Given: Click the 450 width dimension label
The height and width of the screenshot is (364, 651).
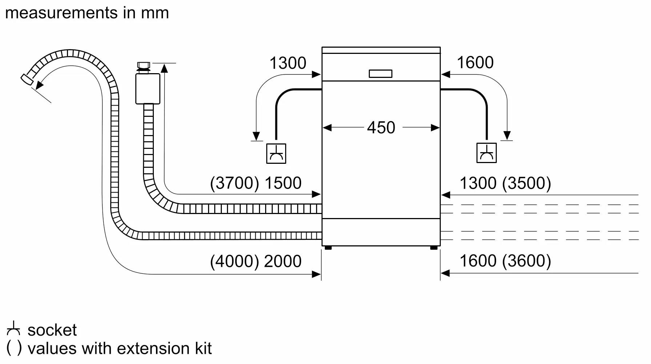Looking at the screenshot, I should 381,128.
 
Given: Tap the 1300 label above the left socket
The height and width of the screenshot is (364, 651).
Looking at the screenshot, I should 288,63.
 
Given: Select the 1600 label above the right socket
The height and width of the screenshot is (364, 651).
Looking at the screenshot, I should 475,62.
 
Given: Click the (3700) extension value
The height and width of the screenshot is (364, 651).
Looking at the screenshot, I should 235,183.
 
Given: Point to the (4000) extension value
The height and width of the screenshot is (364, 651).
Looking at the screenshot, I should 235,261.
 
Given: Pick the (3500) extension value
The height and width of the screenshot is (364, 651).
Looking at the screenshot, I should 526,183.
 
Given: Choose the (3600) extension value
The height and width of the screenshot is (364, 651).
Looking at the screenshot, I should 526,261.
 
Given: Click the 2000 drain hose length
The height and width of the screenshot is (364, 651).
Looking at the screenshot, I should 283,261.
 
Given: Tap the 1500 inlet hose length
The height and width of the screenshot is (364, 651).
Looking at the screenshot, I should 283,183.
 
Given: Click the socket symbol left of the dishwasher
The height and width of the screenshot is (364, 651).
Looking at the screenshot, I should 276,153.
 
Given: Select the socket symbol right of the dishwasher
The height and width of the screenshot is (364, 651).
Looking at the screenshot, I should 486,153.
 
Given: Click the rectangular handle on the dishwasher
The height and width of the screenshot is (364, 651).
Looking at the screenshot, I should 380,74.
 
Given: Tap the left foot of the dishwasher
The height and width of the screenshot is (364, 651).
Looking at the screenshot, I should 328,248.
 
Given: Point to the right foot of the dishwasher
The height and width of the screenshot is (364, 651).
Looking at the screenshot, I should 434,248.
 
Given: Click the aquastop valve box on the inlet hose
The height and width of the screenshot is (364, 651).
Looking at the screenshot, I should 147,88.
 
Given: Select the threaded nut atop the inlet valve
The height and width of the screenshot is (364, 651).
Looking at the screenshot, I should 143,66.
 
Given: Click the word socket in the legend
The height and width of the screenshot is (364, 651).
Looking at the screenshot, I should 52,330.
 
